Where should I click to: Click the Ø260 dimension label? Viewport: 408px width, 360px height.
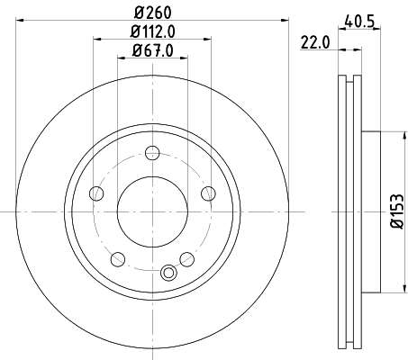coord(152,13)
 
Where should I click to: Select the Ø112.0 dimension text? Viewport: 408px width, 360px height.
coord(152,31)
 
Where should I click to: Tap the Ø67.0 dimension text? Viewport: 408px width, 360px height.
coord(152,50)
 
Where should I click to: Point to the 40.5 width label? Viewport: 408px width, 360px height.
coord(359,22)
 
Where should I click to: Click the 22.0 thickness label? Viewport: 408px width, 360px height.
coord(315,42)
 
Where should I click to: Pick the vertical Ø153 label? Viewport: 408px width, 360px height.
coord(397,211)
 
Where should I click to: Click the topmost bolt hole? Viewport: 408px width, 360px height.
coord(152,153)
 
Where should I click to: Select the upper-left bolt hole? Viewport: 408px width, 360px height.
coord(96,193)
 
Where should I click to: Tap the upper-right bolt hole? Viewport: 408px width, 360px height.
coord(208,193)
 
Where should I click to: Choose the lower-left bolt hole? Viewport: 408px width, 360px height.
coord(118,259)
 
